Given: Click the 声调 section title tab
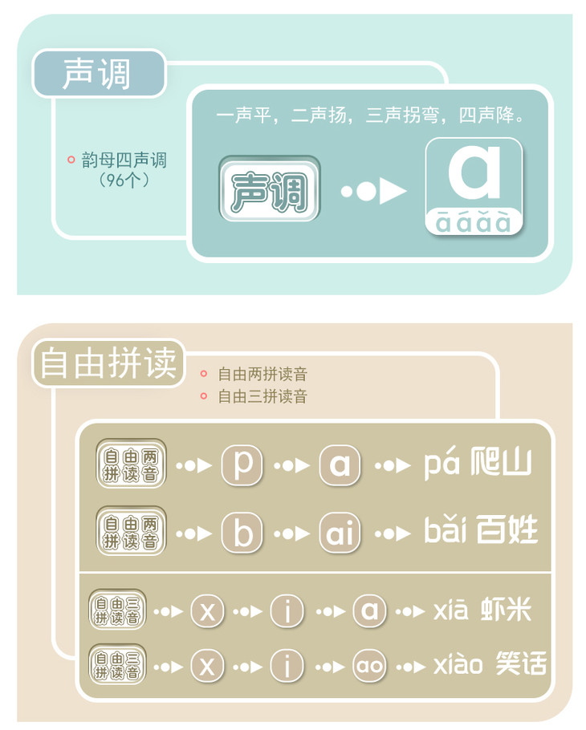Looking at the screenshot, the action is (x=99, y=74).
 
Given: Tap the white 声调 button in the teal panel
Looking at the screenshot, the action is (x=270, y=189).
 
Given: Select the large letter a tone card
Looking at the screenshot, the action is (x=474, y=186).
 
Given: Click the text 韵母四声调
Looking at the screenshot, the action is (x=124, y=160).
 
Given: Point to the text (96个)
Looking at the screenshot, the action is (x=124, y=180).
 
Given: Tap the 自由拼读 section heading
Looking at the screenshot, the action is (x=108, y=363).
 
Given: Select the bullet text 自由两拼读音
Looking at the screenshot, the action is (x=262, y=374).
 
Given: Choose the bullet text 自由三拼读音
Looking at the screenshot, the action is (x=262, y=396).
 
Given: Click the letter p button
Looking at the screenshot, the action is (x=242, y=465).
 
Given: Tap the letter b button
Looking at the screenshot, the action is (x=242, y=533).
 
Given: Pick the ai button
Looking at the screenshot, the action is (x=340, y=533).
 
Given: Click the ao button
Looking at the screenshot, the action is (x=369, y=666).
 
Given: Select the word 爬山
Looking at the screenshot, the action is (x=501, y=462).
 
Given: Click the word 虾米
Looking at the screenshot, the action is (x=506, y=610).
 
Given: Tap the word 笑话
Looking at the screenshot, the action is (x=521, y=663).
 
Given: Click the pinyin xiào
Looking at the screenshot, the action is (x=458, y=663).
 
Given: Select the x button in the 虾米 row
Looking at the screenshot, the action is (x=207, y=610).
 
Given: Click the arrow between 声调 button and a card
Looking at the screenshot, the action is (x=373, y=191).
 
